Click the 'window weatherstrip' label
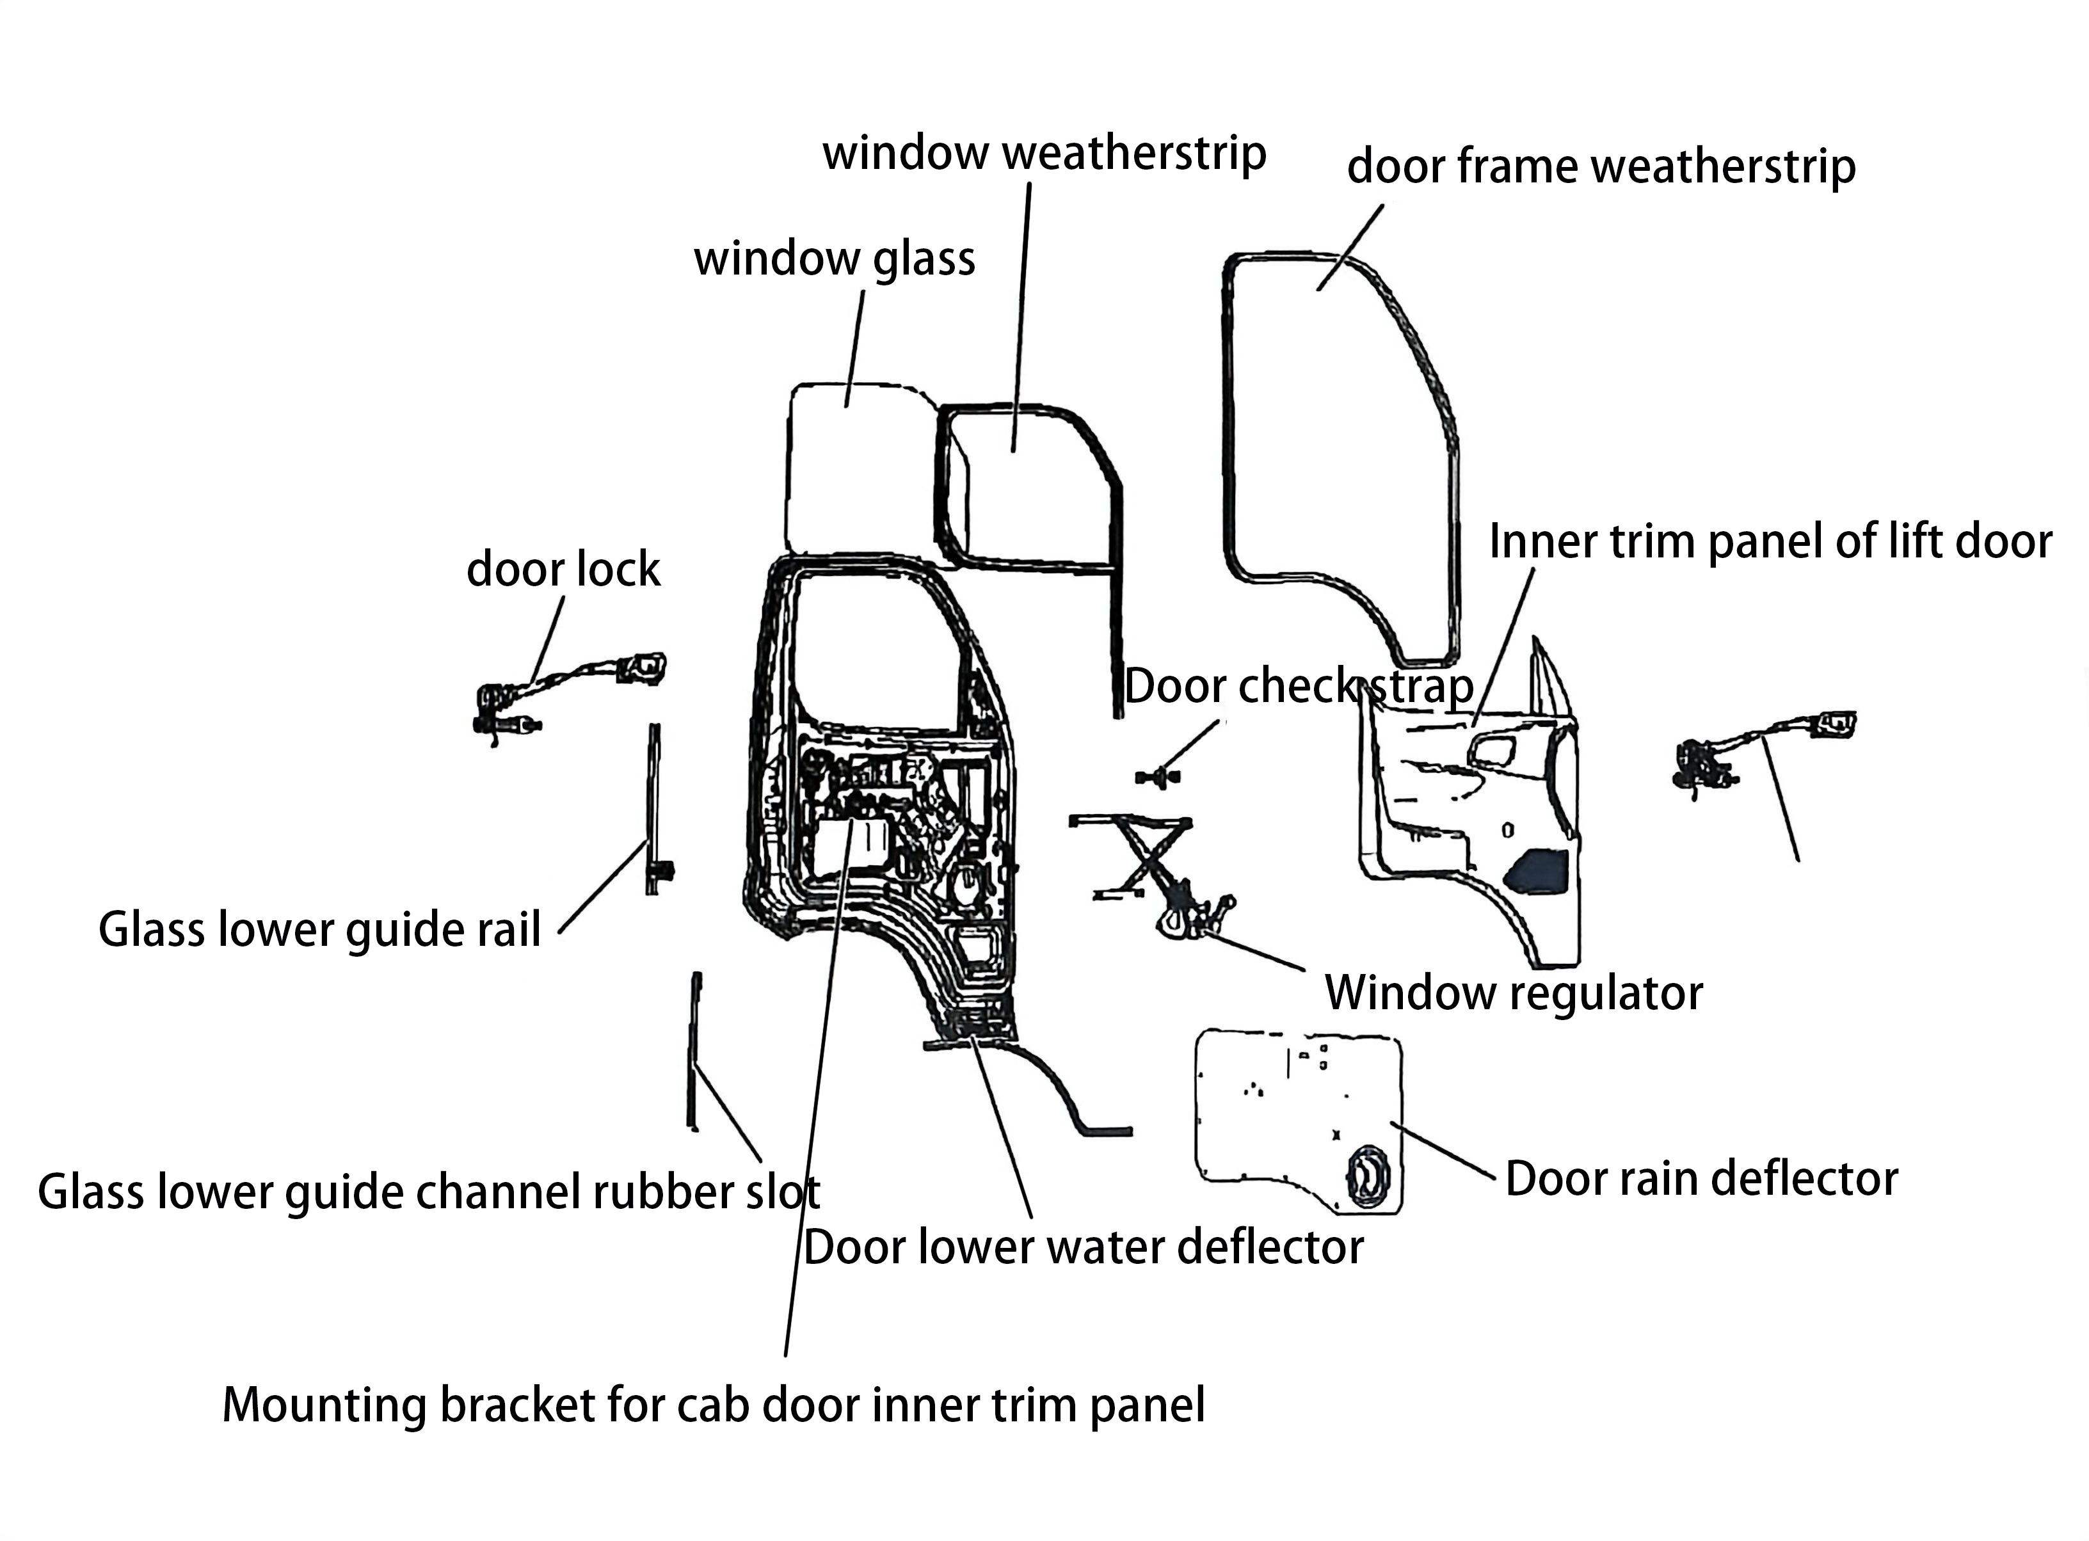point(1044,153)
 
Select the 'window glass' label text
point(834,259)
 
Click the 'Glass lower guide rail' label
point(319,930)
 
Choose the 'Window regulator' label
point(1514,993)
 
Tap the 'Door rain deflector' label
point(1701,1179)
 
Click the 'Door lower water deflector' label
point(1083,1247)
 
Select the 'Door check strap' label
point(1298,687)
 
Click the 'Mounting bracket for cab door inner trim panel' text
point(714,1405)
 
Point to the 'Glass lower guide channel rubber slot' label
point(428,1192)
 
